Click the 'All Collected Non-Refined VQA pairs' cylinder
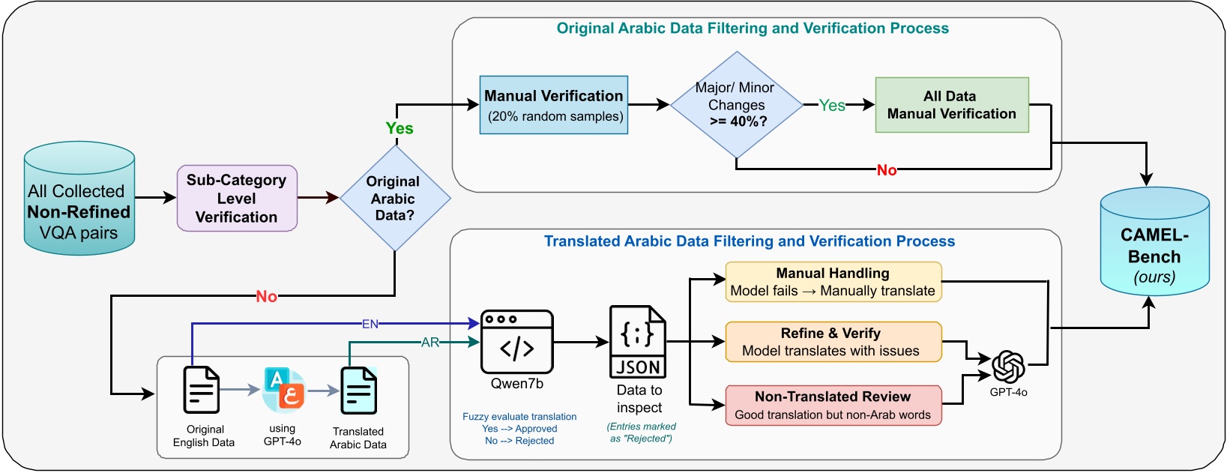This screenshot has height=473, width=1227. [x=79, y=201]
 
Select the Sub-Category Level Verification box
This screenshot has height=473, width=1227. [x=237, y=199]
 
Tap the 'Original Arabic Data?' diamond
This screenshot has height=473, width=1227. [x=394, y=199]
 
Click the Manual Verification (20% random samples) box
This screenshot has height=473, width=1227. [x=554, y=105]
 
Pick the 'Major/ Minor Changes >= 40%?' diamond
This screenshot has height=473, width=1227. [x=736, y=105]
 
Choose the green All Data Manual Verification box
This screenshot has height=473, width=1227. [x=951, y=105]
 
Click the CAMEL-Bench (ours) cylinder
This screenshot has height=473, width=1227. [x=1154, y=244]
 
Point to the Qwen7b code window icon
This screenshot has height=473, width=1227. [x=517, y=342]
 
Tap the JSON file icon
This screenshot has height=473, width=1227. [x=638, y=342]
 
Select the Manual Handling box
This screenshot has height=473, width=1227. [x=833, y=282]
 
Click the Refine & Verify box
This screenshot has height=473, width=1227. [x=833, y=342]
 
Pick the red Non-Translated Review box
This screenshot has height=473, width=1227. [x=833, y=406]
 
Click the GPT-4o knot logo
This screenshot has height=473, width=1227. [x=1008, y=367]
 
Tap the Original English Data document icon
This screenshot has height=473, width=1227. [x=202, y=390]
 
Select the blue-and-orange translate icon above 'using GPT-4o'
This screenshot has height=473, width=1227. [x=283, y=390]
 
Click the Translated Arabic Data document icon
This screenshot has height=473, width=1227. [x=359, y=390]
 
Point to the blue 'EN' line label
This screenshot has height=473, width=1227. [x=370, y=324]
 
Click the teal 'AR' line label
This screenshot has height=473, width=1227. [x=430, y=343]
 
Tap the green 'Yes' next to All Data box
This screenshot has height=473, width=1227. [x=832, y=106]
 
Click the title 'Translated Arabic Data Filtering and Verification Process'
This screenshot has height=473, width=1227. [x=750, y=241]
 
